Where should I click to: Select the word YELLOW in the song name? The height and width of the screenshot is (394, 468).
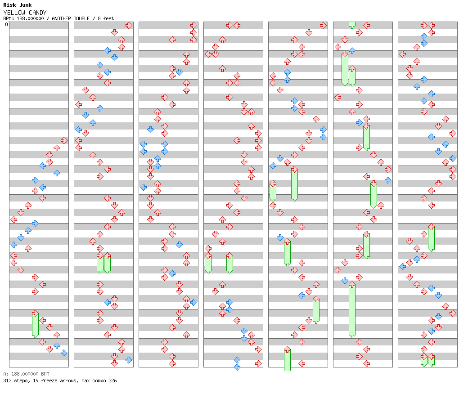click(14, 13)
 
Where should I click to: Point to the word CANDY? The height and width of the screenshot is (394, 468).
click(38, 13)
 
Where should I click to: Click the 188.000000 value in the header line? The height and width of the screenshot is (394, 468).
click(30, 18)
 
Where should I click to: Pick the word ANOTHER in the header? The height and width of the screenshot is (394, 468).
click(61, 18)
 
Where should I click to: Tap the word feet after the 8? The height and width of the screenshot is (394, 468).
click(108, 18)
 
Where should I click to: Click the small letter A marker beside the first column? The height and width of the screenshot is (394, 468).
click(6, 24)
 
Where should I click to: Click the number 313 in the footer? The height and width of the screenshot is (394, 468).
click(7, 381)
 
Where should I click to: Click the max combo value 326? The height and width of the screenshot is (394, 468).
click(112, 381)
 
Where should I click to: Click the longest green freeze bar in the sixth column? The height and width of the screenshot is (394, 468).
click(352, 311)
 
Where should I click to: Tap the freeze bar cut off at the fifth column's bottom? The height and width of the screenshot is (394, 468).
click(287, 360)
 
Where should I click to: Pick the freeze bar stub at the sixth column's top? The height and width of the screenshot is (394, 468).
click(352, 25)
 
